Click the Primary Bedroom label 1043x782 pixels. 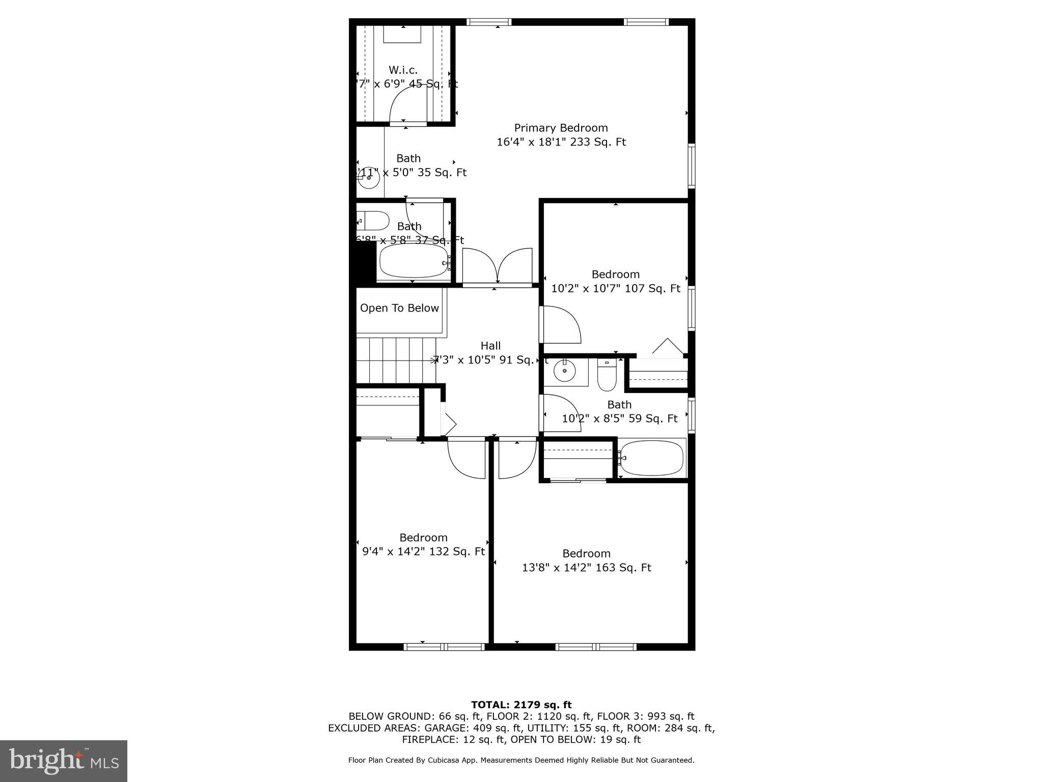coord(561,128)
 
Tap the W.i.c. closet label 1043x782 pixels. coord(403,70)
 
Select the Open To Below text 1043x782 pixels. coord(399,308)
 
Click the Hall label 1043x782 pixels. coord(490,346)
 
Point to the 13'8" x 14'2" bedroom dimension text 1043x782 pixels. coord(586,567)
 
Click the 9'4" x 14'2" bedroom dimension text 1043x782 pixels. coord(423,551)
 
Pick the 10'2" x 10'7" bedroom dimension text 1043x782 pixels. coord(615,288)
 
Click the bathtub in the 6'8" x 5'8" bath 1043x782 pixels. coord(414,262)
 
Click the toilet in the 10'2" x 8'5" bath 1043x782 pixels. coord(607,376)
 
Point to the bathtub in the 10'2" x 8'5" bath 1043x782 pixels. coord(651,458)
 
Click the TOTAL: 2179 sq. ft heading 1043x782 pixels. coord(521,705)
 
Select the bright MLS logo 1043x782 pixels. coord(63,761)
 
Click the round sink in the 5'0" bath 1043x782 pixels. coord(369,179)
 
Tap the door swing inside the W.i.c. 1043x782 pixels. coord(406,105)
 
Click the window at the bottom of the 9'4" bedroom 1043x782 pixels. coord(444,647)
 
